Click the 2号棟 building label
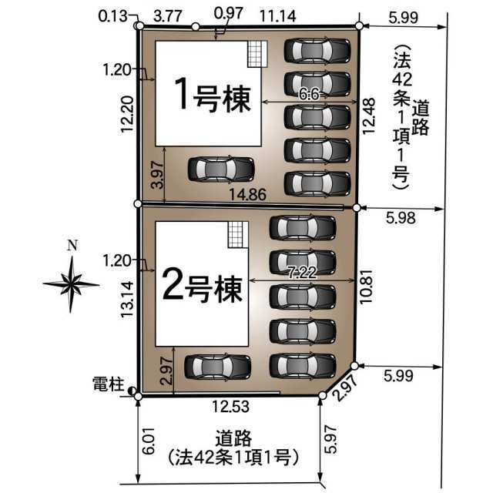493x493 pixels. (203, 289)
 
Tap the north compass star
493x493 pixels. (72, 284)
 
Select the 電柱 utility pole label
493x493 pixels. (108, 384)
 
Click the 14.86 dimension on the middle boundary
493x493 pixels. (248, 195)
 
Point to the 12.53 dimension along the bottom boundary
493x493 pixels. (231, 406)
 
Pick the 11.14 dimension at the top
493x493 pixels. (278, 15)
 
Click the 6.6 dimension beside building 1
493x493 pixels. (309, 94)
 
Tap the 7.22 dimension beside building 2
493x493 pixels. (303, 272)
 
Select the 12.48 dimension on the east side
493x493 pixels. (368, 116)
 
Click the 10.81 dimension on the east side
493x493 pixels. (367, 287)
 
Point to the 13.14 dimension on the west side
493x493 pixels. (127, 300)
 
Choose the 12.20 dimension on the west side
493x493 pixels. (127, 114)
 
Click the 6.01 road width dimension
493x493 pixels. (149, 441)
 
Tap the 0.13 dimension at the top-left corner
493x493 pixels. (112, 16)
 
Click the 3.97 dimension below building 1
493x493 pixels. (157, 175)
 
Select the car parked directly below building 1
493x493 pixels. (221, 169)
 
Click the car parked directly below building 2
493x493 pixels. (217, 367)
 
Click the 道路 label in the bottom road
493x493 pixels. (233, 438)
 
